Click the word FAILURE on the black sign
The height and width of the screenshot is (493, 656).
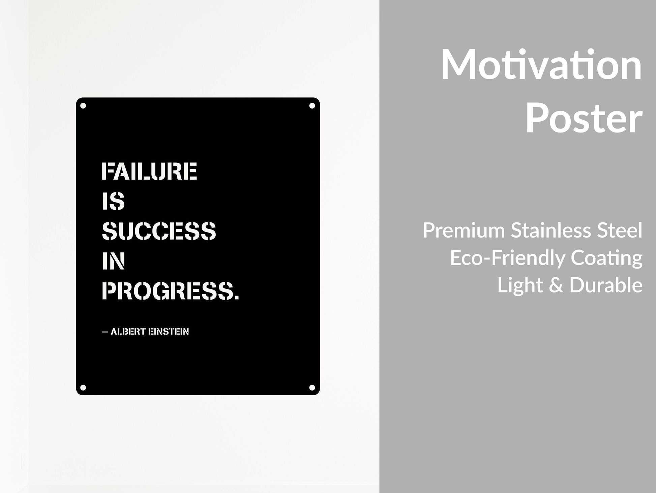(x=149, y=171)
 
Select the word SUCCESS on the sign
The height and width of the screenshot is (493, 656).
(x=159, y=231)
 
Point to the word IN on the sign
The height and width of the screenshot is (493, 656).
(x=113, y=261)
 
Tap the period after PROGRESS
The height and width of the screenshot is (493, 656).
(x=236, y=297)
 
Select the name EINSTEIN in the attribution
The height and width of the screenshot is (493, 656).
(x=169, y=332)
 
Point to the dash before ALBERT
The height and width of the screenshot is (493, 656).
(x=105, y=332)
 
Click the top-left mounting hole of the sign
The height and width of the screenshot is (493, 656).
(x=83, y=106)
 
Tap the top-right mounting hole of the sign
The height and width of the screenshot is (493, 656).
(x=312, y=106)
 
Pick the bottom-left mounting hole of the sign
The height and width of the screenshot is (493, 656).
(x=83, y=388)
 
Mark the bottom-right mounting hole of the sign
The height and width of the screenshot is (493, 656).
(x=312, y=388)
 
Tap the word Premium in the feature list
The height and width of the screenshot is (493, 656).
(x=464, y=230)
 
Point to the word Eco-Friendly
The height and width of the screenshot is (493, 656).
(x=508, y=258)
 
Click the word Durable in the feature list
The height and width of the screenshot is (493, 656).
(x=606, y=285)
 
